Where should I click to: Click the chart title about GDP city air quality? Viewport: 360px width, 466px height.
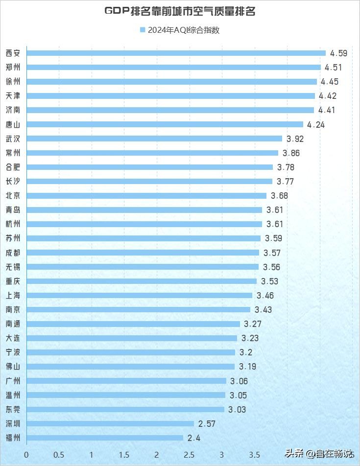(x=180, y=11)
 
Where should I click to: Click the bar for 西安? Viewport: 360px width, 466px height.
(x=176, y=53)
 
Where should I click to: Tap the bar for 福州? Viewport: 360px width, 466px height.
(x=105, y=438)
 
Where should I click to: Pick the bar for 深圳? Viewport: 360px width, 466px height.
(x=110, y=423)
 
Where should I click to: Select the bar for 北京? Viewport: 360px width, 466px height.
(x=146, y=196)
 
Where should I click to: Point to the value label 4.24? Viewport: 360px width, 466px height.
(x=316, y=124)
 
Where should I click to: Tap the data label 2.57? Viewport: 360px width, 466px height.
(x=207, y=423)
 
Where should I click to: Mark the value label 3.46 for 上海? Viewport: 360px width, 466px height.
(x=265, y=295)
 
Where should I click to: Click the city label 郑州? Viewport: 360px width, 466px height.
(x=13, y=68)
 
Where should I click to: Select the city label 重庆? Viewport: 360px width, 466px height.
(x=13, y=281)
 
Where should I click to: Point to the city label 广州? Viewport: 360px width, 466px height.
(x=13, y=381)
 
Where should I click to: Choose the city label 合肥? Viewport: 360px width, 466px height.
(x=13, y=167)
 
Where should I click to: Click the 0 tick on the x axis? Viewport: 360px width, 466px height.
(x=26, y=455)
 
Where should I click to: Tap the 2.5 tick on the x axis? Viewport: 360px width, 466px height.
(x=189, y=455)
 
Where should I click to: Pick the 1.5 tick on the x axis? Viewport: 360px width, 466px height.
(x=124, y=455)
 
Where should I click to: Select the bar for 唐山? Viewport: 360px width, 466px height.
(x=165, y=124)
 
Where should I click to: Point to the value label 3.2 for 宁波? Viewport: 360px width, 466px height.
(x=244, y=352)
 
